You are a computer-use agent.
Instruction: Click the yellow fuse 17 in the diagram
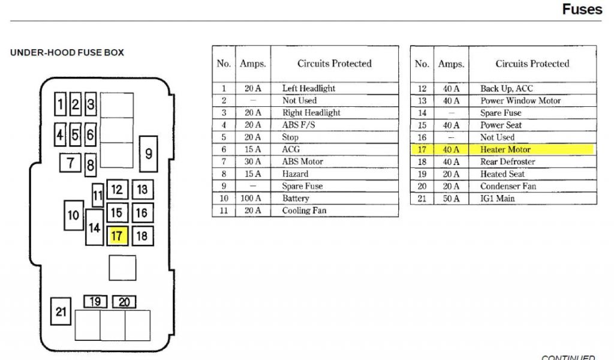point(117,236)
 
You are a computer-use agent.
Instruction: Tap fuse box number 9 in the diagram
point(148,154)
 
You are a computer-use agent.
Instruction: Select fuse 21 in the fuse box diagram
point(61,311)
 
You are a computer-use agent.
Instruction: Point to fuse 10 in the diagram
point(74,215)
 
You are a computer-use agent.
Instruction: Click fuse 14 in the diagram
point(94,227)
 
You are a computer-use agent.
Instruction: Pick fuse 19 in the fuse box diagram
point(95,302)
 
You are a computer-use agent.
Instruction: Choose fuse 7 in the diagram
point(71,162)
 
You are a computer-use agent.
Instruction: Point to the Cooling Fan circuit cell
point(304,211)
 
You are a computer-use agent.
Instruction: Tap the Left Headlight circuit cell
point(309,88)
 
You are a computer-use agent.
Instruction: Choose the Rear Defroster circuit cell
point(507,162)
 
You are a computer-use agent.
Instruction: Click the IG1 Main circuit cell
point(497,199)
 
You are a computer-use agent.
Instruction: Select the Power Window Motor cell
point(520,101)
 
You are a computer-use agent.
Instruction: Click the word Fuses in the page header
point(582,10)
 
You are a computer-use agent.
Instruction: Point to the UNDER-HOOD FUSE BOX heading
point(67,53)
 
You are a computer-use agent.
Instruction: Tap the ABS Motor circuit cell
point(302,161)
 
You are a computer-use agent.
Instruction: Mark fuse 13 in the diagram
point(142,190)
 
